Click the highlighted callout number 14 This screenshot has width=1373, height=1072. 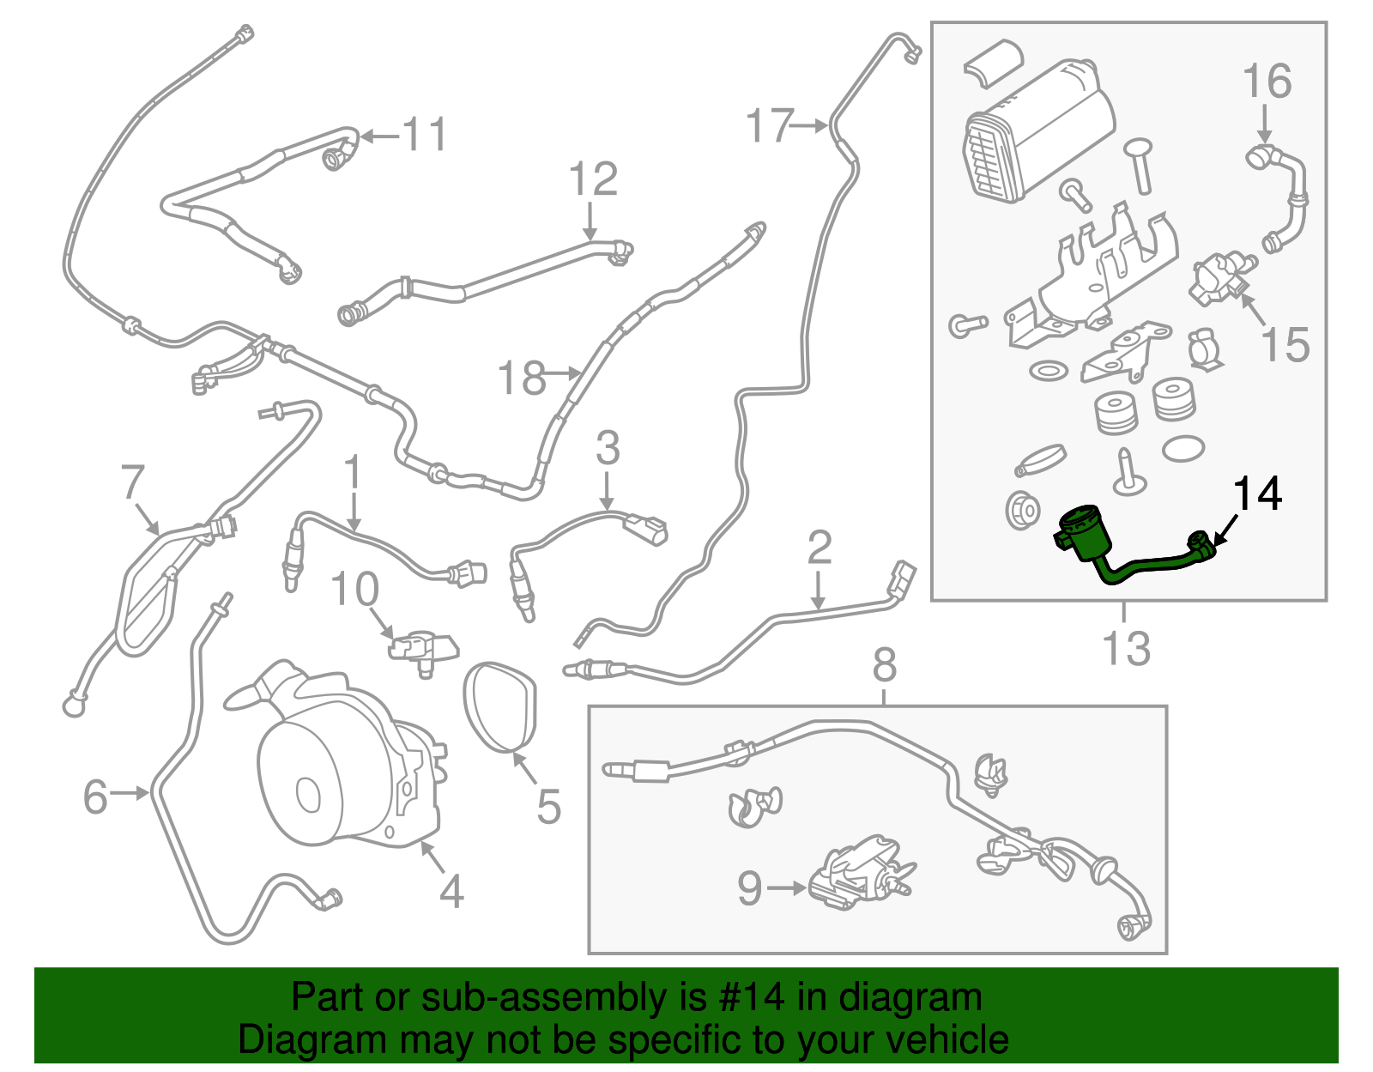click(1257, 494)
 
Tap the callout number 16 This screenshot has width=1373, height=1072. click(1267, 82)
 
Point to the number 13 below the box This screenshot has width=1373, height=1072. click(1126, 648)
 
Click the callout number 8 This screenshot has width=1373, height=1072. click(885, 664)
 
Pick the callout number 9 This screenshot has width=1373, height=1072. click(750, 888)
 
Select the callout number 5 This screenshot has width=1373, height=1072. click(548, 807)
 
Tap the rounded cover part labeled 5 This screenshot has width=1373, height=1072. click(501, 704)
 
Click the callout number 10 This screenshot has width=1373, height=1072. click(354, 590)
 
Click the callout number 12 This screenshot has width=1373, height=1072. click(593, 179)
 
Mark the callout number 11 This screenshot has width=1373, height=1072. click(426, 135)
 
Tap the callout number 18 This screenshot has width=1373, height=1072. click(522, 377)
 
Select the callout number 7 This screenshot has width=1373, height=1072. click(132, 483)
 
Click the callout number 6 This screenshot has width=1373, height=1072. click(95, 796)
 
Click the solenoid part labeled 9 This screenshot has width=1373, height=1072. click(858, 871)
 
